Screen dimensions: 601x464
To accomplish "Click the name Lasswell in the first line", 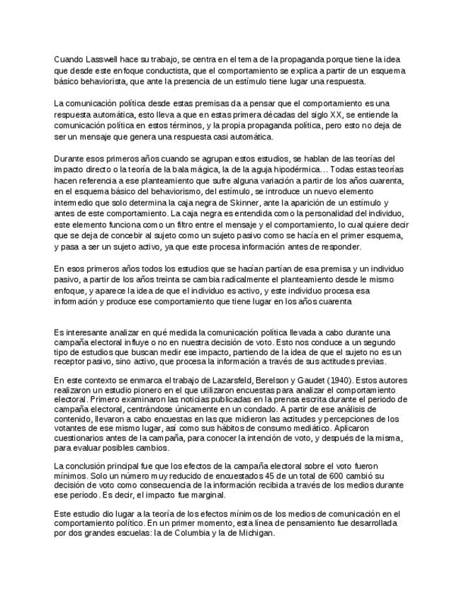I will point(101,59).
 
